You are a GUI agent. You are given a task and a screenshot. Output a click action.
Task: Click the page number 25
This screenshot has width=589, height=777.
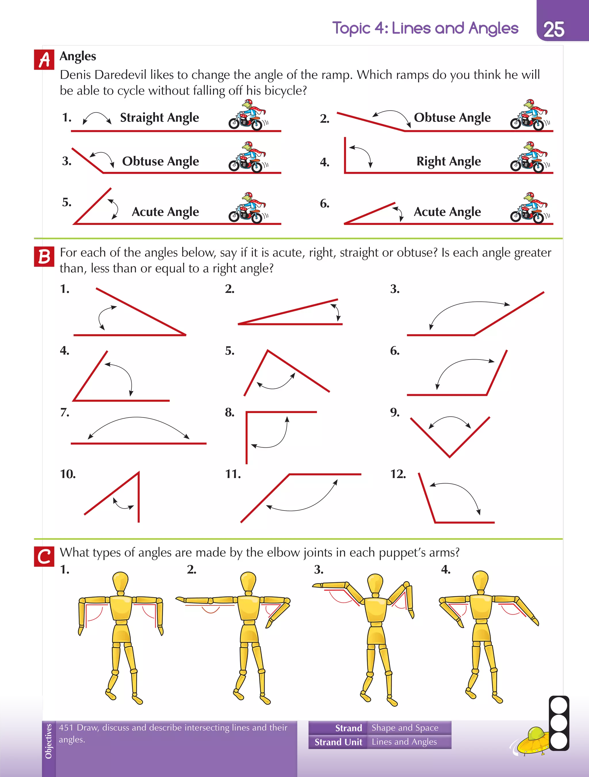(x=554, y=30)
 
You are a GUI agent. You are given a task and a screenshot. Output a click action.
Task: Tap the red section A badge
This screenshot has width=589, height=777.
(x=44, y=60)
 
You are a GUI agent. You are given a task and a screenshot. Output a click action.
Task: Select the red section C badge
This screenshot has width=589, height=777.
(x=44, y=557)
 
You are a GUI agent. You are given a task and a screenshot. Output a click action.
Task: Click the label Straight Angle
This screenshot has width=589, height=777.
(x=159, y=118)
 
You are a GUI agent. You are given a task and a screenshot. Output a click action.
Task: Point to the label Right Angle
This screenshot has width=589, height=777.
(x=449, y=161)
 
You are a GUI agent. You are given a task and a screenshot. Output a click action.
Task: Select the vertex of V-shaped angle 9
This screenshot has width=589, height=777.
(x=450, y=456)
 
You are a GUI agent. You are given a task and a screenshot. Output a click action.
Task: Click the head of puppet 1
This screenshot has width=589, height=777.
(x=121, y=582)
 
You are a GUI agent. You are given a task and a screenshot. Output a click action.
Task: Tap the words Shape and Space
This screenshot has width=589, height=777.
(x=405, y=728)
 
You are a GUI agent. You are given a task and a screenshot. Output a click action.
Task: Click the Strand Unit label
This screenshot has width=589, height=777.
(x=338, y=742)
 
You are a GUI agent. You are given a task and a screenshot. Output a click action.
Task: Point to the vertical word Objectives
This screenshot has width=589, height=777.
(x=49, y=741)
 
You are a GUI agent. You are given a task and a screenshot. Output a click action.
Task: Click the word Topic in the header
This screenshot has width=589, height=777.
(x=351, y=28)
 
